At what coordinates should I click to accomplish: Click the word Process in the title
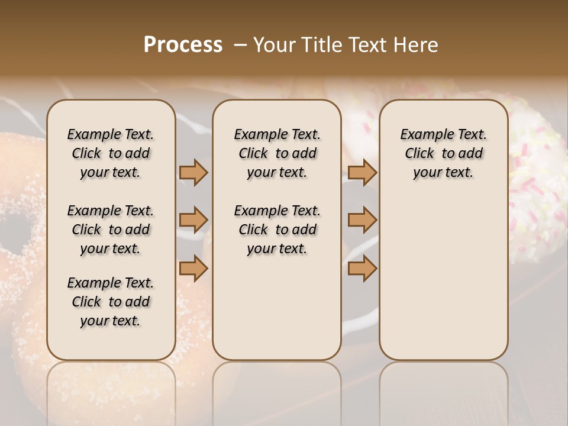[x=183, y=45]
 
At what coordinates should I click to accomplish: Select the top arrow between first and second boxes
[x=193, y=173]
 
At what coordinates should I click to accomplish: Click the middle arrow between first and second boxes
[x=193, y=220]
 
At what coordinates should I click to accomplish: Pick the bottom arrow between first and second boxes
[x=193, y=268]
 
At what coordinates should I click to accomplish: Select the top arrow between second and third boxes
[x=362, y=173]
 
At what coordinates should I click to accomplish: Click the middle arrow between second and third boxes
[x=362, y=220]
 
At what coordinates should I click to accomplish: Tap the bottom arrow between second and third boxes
[x=362, y=268]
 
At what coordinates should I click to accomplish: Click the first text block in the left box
[x=111, y=153]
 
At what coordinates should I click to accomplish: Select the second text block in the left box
[x=111, y=230]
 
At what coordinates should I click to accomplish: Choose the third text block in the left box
[x=111, y=302]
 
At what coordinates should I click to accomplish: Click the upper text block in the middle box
[x=277, y=153]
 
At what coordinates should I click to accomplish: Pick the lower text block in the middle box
[x=277, y=230]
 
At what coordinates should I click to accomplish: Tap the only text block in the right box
[x=443, y=153]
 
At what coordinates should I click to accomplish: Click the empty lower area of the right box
[x=443, y=278]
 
